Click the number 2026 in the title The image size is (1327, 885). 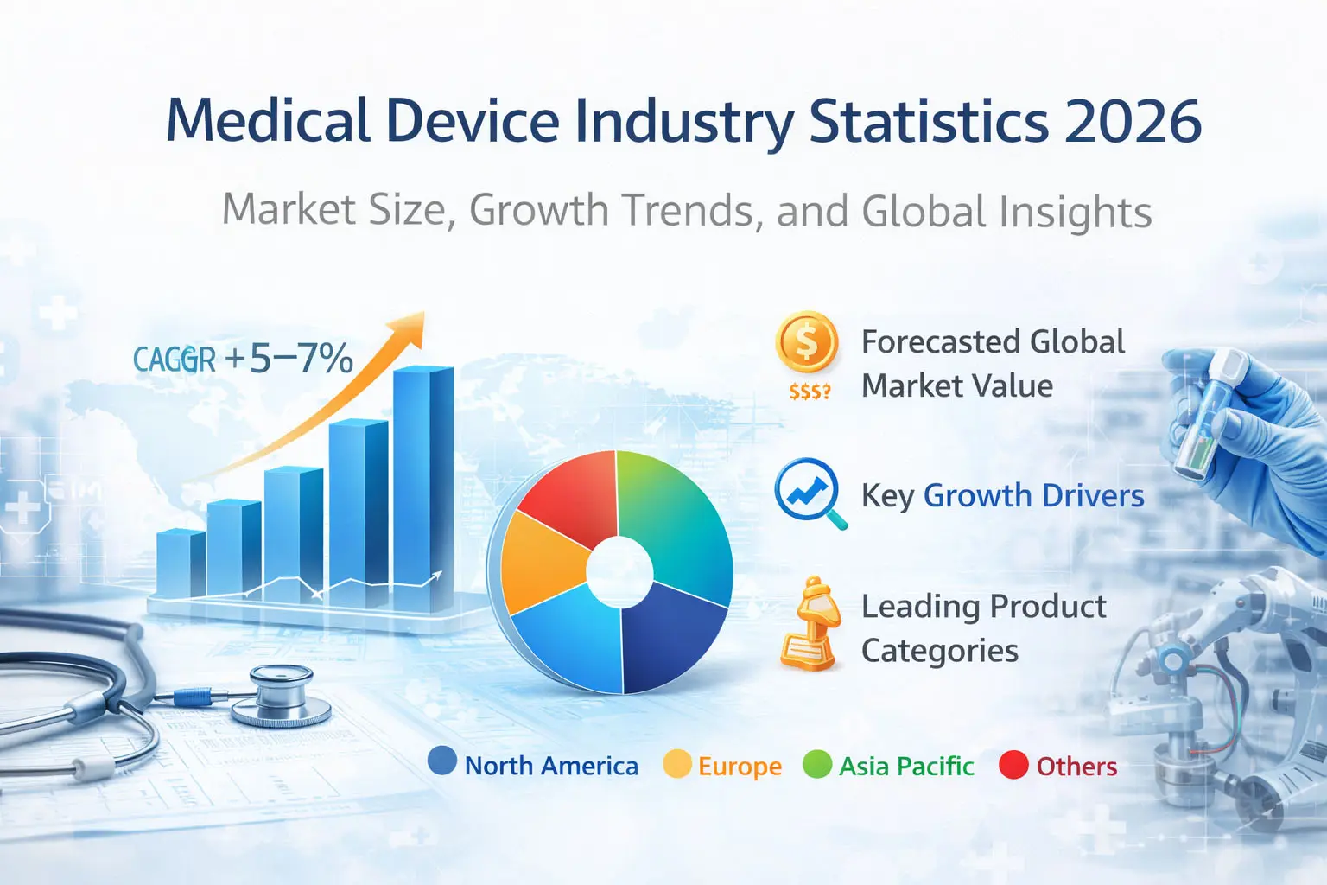pos(1133,121)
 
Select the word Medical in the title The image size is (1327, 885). pos(268,121)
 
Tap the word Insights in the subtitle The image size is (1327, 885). pos(1075,212)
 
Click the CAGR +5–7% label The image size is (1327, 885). pos(243,359)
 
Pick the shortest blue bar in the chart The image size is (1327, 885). pos(181,563)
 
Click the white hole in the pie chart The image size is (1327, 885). pos(619,571)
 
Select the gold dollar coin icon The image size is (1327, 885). pos(807,343)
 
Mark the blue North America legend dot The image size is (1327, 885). pos(442,761)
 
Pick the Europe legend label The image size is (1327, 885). pos(740,767)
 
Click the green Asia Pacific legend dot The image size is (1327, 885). pos(816,764)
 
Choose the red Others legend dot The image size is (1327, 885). pos(1013,765)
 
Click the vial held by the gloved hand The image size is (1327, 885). pos(1202,415)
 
